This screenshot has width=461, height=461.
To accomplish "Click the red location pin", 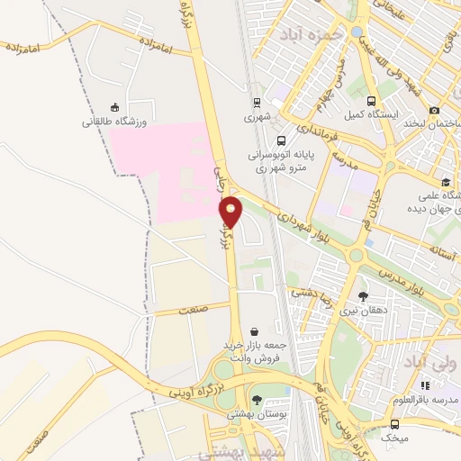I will click(231, 213).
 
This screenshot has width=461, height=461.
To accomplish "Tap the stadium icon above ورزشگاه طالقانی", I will click(113, 106).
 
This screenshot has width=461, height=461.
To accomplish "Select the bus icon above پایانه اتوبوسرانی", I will click(282, 140).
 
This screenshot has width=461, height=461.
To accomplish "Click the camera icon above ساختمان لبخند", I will click(435, 110).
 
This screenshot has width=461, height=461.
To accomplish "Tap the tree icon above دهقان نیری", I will click(363, 296).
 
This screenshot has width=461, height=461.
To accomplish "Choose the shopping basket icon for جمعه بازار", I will click(255, 331).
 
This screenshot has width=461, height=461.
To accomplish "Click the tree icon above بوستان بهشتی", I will click(257, 399).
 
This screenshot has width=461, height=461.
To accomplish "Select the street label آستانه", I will click(447, 247).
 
